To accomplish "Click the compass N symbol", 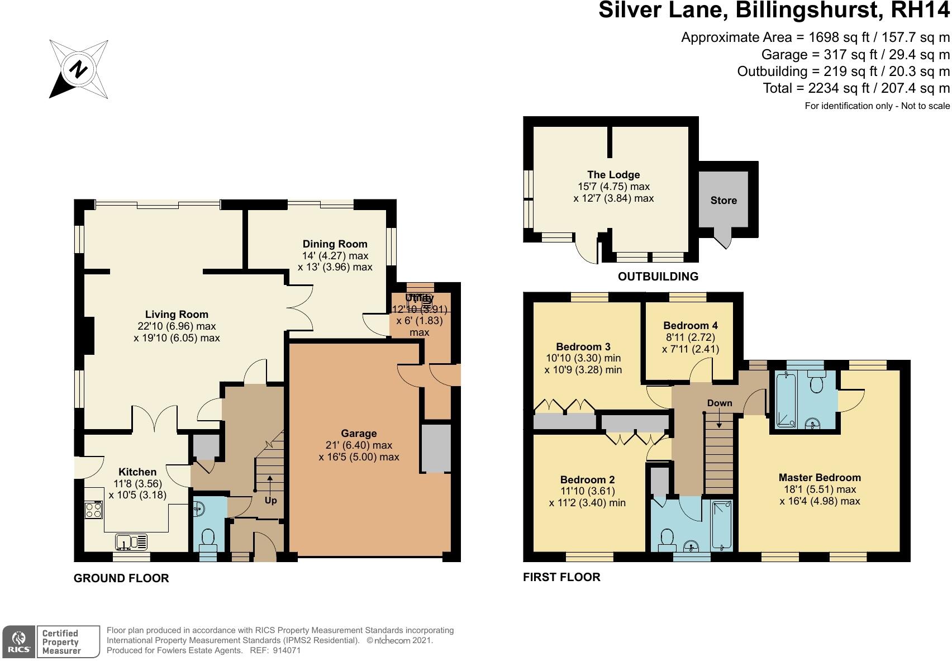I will tap(79, 70).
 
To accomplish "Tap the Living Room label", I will tap(177, 315).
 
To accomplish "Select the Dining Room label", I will tap(335, 244).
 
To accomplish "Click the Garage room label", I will tap(359, 434).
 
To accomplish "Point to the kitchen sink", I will tap(132, 541).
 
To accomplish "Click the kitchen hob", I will tap(93, 509).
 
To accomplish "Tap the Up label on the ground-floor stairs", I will tap(270, 500).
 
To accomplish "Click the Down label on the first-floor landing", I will tap(719, 403).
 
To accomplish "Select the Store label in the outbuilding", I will tap(723, 201).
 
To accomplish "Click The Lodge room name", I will tap(613, 175).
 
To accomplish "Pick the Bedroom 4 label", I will tap(691, 325).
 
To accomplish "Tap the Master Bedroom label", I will tap(820, 478).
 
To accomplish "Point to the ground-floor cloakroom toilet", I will tap(209, 539).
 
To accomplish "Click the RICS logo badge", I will tap(18, 641).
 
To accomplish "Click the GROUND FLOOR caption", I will tap(121, 578).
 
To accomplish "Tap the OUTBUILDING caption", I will tap(658, 277).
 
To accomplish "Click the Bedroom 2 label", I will tap(587, 480).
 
